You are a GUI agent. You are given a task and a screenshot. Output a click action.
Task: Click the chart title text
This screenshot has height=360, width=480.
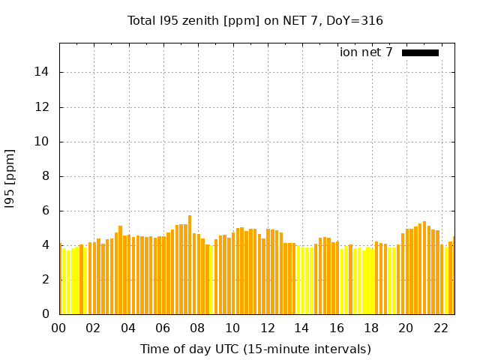(x=256, y=21)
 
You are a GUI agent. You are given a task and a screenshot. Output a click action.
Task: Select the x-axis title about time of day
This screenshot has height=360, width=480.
(x=256, y=349)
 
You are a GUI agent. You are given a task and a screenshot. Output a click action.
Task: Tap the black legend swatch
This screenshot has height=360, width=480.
(x=420, y=52)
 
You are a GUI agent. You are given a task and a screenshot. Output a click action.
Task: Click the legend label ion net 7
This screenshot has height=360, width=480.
(x=366, y=52)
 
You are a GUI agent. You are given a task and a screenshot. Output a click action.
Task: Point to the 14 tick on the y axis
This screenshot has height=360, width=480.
(x=44, y=73)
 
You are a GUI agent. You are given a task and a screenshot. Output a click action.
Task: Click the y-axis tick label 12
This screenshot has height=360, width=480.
(x=44, y=107)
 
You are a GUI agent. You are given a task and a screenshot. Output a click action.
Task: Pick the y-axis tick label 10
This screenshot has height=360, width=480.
(x=44, y=142)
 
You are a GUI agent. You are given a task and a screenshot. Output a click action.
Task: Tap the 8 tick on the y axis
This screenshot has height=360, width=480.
(x=48, y=176)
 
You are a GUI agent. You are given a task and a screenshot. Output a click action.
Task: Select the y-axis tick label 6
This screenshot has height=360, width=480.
(x=48, y=211)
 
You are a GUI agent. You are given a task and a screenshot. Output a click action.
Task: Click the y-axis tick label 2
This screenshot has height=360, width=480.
(x=48, y=280)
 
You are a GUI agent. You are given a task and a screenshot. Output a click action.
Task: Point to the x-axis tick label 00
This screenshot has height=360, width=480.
(x=58, y=328)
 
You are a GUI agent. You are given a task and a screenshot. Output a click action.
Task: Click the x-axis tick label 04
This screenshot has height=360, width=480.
(x=128, y=328)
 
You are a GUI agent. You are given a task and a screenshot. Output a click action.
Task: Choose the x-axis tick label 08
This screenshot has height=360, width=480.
(x=197, y=328)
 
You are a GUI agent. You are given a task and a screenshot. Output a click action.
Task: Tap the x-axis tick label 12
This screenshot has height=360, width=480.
(x=267, y=328)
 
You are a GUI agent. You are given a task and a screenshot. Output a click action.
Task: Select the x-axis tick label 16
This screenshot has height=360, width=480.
(x=336, y=328)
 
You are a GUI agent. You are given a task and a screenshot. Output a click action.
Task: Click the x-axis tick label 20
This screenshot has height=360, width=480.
(x=406, y=328)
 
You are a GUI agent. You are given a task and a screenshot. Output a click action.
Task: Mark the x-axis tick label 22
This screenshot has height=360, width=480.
(x=440, y=328)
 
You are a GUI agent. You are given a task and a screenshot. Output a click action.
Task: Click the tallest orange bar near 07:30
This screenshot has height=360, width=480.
(x=190, y=262)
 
